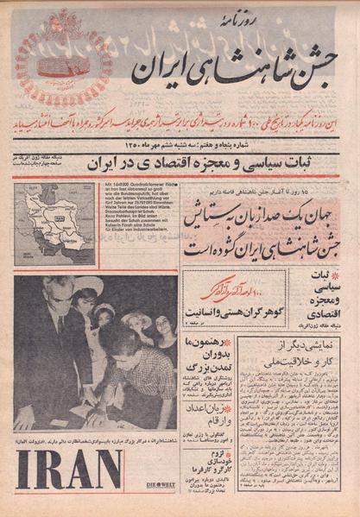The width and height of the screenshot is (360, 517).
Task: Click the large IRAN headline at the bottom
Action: pyautogui.click(x=69, y=470)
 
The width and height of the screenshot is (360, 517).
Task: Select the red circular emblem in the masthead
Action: pyautogui.click(x=60, y=57)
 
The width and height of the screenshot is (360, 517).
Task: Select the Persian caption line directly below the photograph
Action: pyautogui.click(x=95, y=438)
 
